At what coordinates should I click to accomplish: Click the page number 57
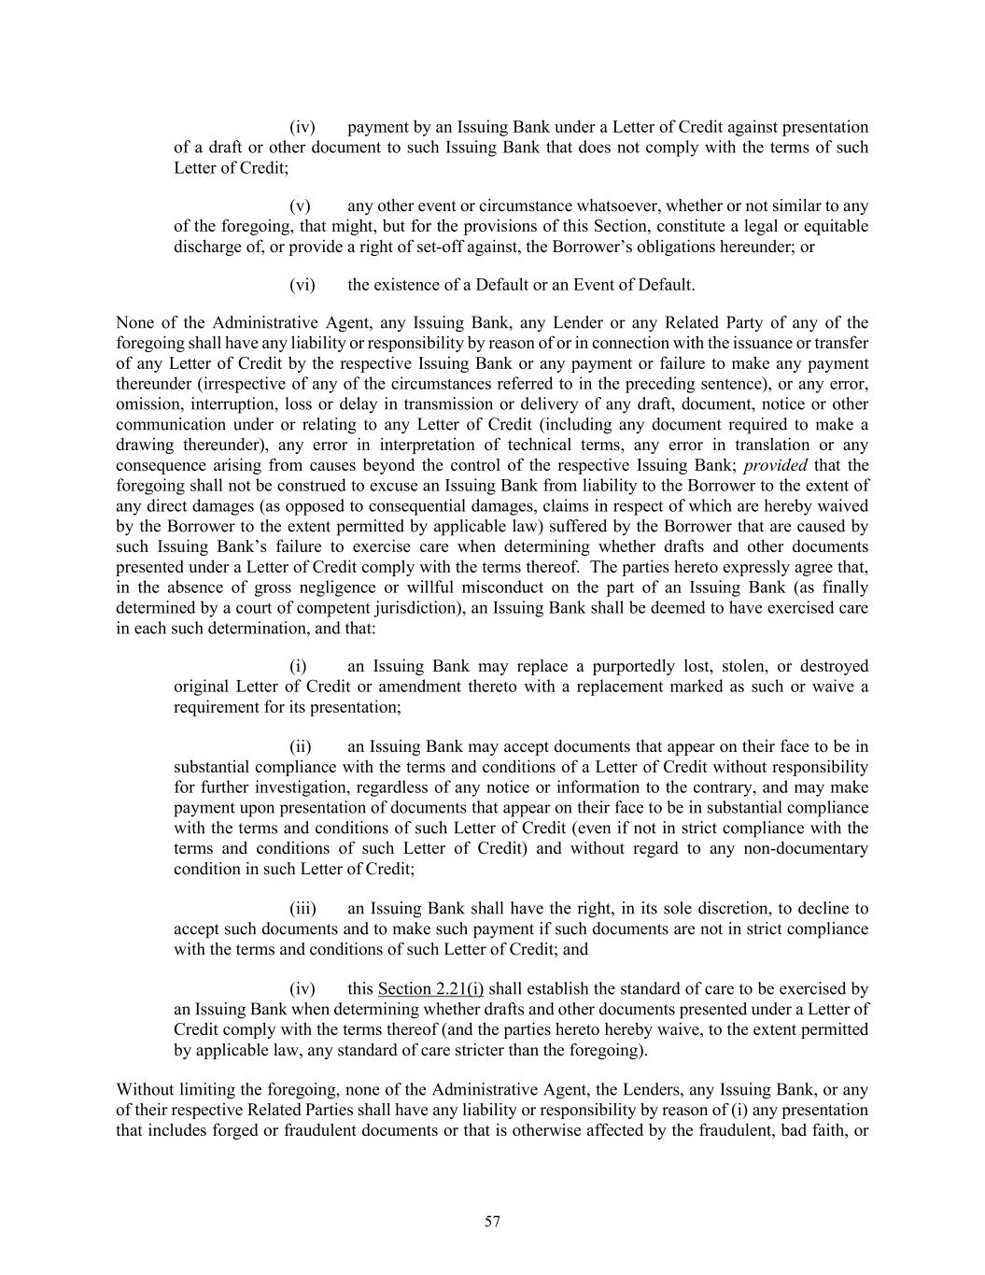493,1222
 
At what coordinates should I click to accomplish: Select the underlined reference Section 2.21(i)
430,989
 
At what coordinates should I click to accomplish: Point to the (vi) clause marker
303,285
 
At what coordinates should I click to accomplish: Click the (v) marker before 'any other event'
300,205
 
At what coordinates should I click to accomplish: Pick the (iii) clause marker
303,909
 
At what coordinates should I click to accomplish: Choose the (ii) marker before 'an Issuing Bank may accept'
301,746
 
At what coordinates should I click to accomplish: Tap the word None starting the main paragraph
134,323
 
